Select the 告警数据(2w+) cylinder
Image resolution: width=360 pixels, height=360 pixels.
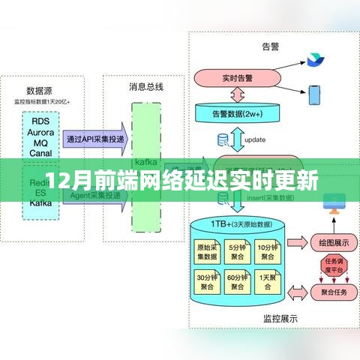click(x=236, y=113)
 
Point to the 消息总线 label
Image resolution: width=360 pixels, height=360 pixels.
click(x=145, y=87)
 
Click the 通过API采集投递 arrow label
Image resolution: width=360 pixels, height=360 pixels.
click(x=96, y=138)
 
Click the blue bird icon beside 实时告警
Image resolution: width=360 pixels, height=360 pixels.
click(x=311, y=59)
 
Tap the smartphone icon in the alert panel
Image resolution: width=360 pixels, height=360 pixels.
click(x=316, y=94)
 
